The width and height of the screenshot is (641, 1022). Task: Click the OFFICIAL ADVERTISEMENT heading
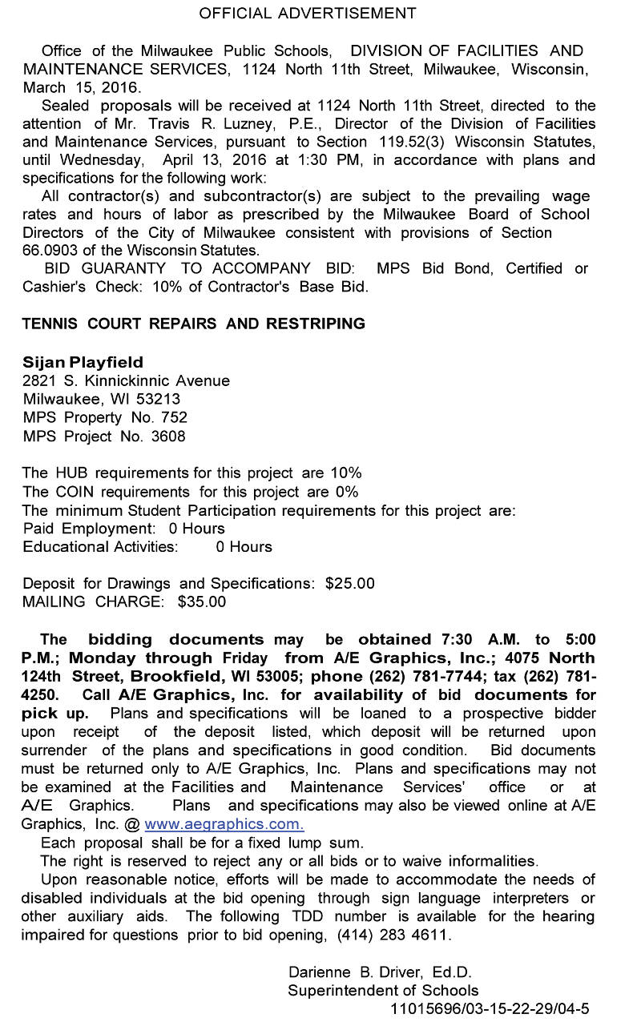(x=308, y=14)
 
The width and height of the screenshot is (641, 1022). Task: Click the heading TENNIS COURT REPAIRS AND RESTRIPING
(x=194, y=324)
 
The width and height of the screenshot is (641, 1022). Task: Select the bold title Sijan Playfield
(x=83, y=363)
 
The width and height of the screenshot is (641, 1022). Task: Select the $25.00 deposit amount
(x=350, y=584)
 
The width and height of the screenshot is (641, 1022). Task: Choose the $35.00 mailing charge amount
(x=202, y=602)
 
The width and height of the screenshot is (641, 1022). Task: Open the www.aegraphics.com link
(x=224, y=824)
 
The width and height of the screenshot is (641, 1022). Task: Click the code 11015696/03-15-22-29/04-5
(x=490, y=1008)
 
